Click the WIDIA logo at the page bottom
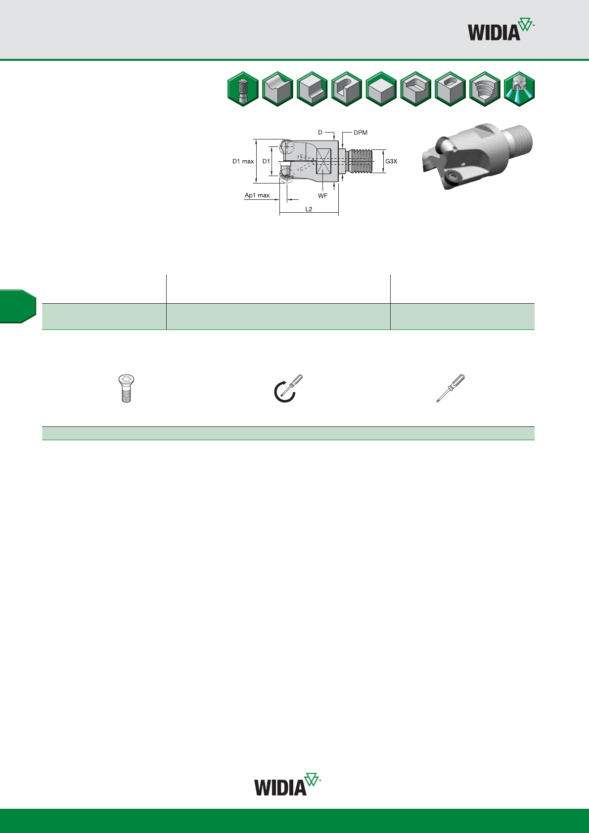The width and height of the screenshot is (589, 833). [287, 785]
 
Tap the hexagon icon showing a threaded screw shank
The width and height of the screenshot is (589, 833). [243, 89]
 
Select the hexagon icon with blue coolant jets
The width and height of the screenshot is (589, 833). [519, 89]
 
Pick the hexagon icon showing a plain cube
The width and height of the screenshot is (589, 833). [381, 89]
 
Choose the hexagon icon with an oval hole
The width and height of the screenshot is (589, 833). [450, 89]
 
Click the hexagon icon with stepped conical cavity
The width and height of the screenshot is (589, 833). [485, 89]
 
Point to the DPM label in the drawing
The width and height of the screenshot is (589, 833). [361, 133]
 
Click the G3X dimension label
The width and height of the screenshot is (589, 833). [391, 161]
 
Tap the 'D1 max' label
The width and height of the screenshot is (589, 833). [243, 161]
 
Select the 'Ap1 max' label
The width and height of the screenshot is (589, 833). [257, 195]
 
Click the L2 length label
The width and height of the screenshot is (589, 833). [309, 209]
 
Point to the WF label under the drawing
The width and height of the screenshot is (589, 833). [323, 195]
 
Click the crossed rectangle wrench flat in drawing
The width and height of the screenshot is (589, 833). [323, 161]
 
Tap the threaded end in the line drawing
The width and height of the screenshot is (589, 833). [362, 161]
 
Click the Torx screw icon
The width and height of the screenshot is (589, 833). [126, 389]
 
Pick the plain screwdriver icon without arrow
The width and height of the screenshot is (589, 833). [451, 388]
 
